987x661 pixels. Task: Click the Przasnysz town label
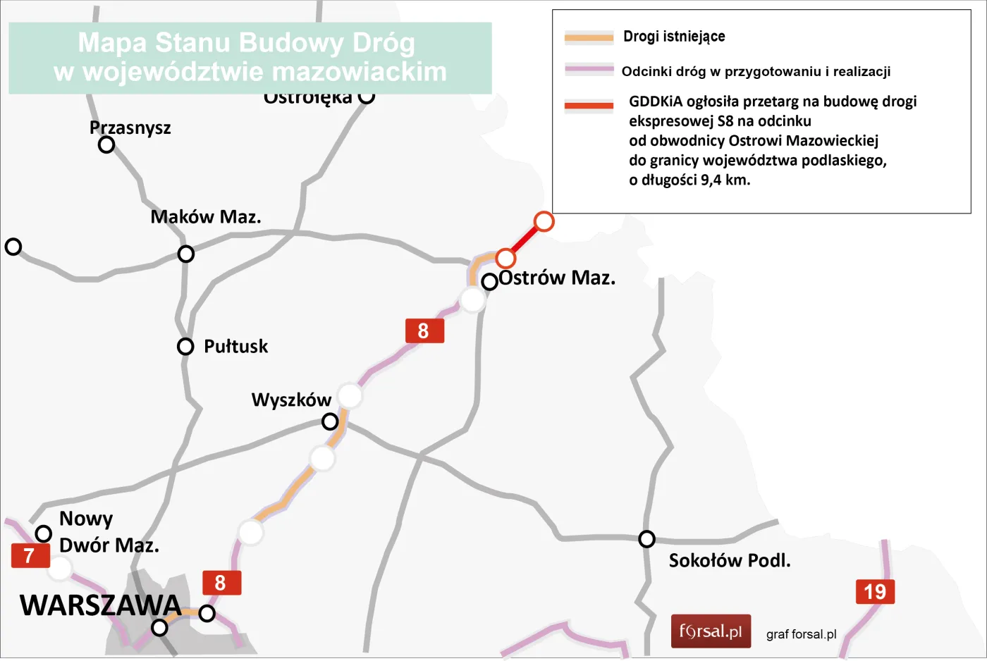coord(130,128)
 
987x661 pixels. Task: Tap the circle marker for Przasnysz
coord(106,144)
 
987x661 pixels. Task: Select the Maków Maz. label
coord(205,217)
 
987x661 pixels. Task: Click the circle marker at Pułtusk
coord(185,347)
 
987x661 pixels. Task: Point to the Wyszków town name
coord(291,400)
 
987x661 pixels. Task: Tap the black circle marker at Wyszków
coord(330,422)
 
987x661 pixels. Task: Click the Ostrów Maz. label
coord(557,278)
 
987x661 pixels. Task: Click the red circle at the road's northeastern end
coord(544,221)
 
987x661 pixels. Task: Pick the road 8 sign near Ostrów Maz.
coord(424,330)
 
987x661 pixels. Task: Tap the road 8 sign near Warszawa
coord(221,583)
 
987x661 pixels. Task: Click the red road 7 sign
coord(30,556)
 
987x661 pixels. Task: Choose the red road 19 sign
coord(875,592)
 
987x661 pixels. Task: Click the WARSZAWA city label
coord(101,605)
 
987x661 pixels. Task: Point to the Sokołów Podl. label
coord(730,561)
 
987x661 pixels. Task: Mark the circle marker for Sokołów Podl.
coord(646,539)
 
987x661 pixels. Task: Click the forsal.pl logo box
coord(711,631)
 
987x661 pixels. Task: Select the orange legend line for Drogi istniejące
coord(589,37)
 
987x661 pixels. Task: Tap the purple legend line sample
coord(589,70)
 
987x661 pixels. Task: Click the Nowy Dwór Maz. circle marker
coord(44,533)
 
